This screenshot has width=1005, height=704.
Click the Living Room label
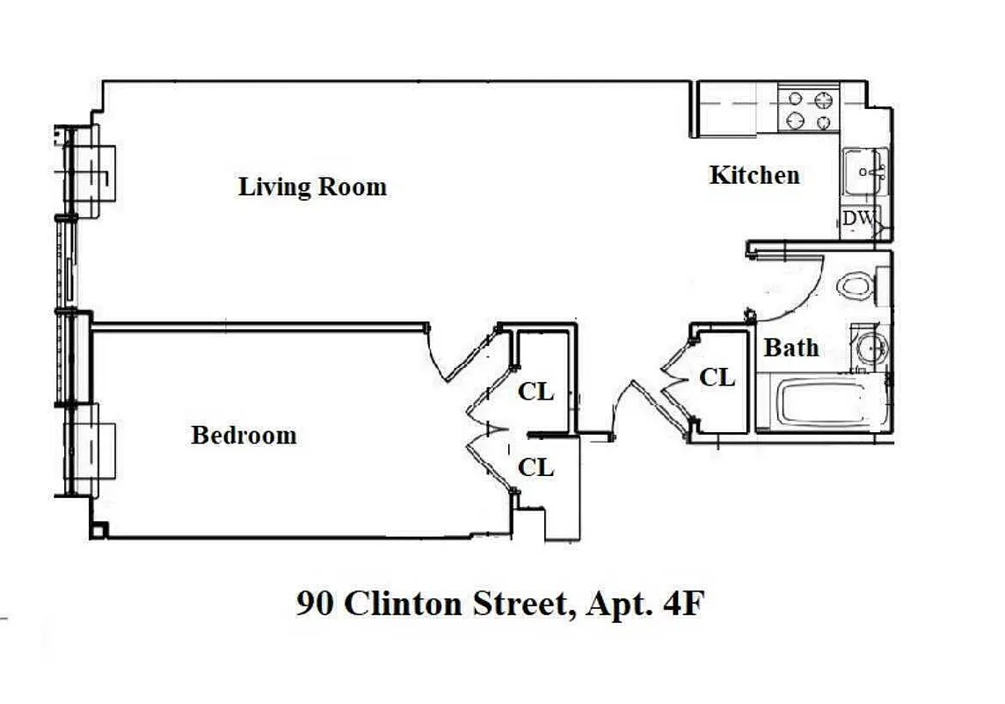point(312,187)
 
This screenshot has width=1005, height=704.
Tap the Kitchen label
point(754,175)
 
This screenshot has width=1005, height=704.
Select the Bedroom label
point(244,436)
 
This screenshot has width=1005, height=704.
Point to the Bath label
point(790,348)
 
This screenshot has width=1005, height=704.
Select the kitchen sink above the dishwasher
point(865,172)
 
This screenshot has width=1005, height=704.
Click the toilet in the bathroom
point(856,285)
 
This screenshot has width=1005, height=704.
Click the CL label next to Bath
point(717,378)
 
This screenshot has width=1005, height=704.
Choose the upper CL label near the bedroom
point(535,392)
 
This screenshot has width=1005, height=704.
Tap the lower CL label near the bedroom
point(535,467)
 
